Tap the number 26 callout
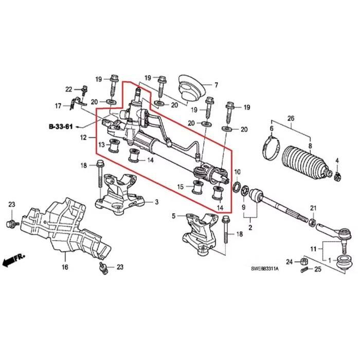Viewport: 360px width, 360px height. (291, 119)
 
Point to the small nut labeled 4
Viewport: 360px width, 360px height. (337, 178)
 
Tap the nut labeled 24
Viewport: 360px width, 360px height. (303, 262)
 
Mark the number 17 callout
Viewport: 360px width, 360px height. (58, 106)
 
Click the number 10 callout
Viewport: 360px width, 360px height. (237, 171)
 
